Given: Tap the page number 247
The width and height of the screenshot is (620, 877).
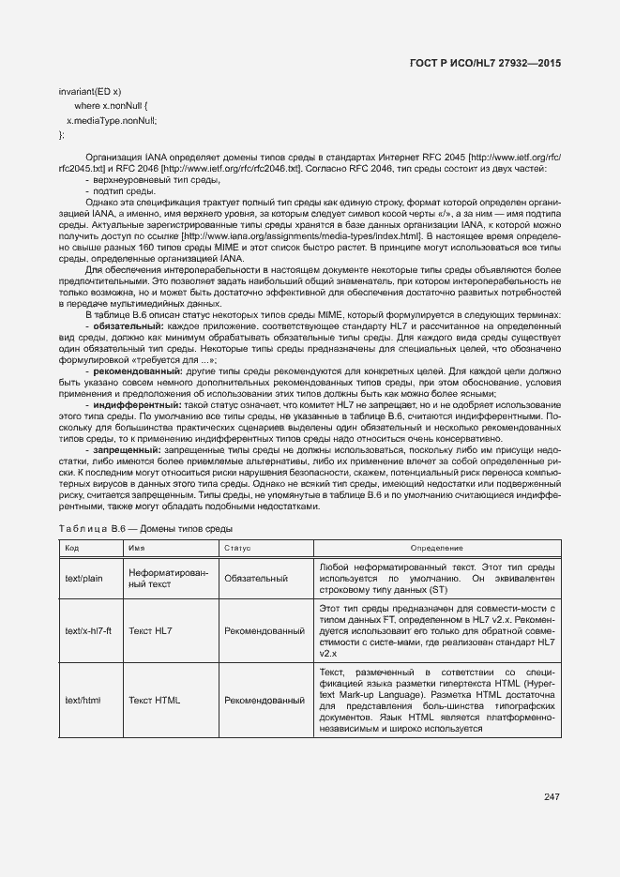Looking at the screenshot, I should click(x=552, y=797).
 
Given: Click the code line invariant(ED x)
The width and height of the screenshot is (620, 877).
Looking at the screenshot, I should click(x=90, y=92).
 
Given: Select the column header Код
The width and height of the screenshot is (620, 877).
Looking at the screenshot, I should click(x=72, y=548).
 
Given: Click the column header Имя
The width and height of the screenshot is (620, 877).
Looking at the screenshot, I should click(x=136, y=548).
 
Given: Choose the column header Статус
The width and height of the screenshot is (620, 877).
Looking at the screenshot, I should click(x=237, y=548).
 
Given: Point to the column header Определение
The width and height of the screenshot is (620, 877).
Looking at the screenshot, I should click(x=437, y=548).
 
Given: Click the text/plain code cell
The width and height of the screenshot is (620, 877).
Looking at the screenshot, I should click(x=83, y=579).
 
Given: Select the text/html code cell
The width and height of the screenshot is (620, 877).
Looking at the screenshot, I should click(x=83, y=700).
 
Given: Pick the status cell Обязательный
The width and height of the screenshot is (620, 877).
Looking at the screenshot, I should click(x=256, y=579).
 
